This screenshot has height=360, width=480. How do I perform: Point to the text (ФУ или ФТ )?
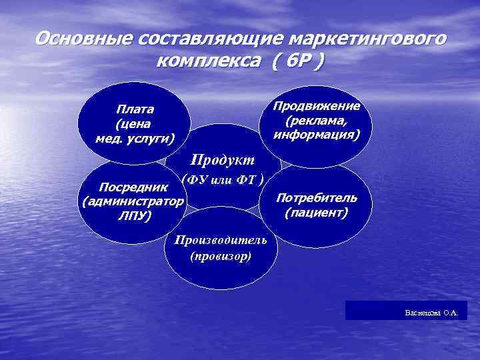(224, 179)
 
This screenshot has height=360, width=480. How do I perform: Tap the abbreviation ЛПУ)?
(134, 216)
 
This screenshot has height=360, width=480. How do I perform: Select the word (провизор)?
(220, 255)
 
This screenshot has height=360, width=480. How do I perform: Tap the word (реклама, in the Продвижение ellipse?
(317, 121)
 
